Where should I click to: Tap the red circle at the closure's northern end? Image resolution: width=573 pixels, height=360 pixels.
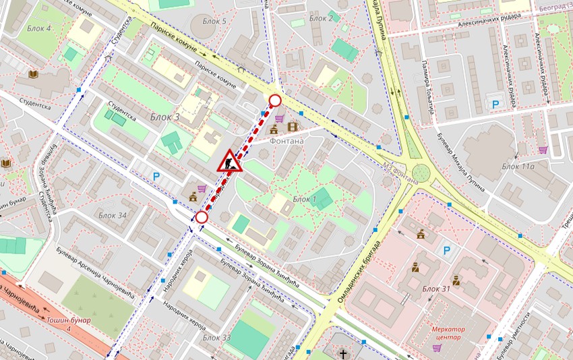pos(275,101)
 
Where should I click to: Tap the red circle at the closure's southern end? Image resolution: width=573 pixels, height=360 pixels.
pos(202,217)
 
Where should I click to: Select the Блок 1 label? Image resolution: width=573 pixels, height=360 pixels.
pos(305,200)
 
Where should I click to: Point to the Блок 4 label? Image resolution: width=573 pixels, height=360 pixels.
pos(39,28)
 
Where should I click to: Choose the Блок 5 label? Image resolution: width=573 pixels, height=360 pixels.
pos(214,22)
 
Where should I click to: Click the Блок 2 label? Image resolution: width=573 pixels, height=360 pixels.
pos(321,18)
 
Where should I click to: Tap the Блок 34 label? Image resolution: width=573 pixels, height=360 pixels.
pos(113,215)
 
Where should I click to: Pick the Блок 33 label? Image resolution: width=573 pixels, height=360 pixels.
pos(217,337)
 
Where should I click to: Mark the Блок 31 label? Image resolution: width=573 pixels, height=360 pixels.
pos(436,289)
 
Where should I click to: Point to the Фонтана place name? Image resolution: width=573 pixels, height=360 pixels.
pos(286,142)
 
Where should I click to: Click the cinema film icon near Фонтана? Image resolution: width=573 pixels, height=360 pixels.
pos(292,126)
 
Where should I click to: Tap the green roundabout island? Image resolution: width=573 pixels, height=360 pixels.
pos(421,173)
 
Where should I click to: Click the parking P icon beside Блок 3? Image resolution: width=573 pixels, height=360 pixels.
pos(156,177)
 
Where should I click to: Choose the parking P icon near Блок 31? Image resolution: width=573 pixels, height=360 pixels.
pos(446,251)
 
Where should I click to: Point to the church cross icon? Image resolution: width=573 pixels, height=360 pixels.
pos(343,353)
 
